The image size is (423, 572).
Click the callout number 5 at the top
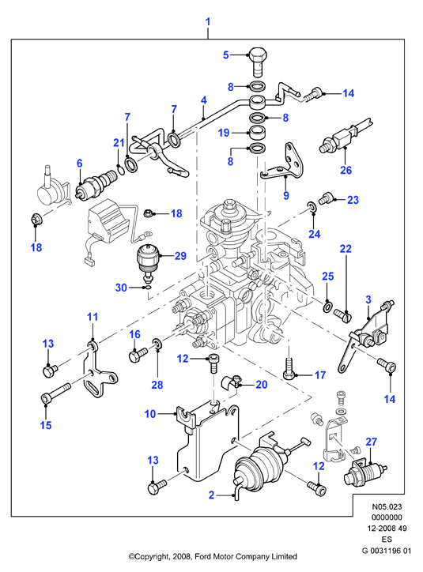click(x=226, y=55)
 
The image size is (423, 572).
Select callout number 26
click(x=346, y=170)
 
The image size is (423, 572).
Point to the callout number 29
click(x=180, y=256)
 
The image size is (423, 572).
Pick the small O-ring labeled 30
click(x=147, y=288)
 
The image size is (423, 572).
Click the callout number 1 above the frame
click(x=208, y=21)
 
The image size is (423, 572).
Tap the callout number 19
click(x=224, y=133)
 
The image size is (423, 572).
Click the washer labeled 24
click(x=312, y=207)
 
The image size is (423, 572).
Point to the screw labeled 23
click(x=326, y=198)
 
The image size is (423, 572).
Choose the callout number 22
click(x=346, y=249)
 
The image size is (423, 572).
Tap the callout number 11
click(x=93, y=317)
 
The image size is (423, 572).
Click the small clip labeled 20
click(x=231, y=382)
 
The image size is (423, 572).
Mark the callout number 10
click(x=150, y=414)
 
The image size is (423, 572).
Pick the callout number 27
click(x=371, y=442)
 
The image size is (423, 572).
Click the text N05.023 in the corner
click(x=387, y=506)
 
